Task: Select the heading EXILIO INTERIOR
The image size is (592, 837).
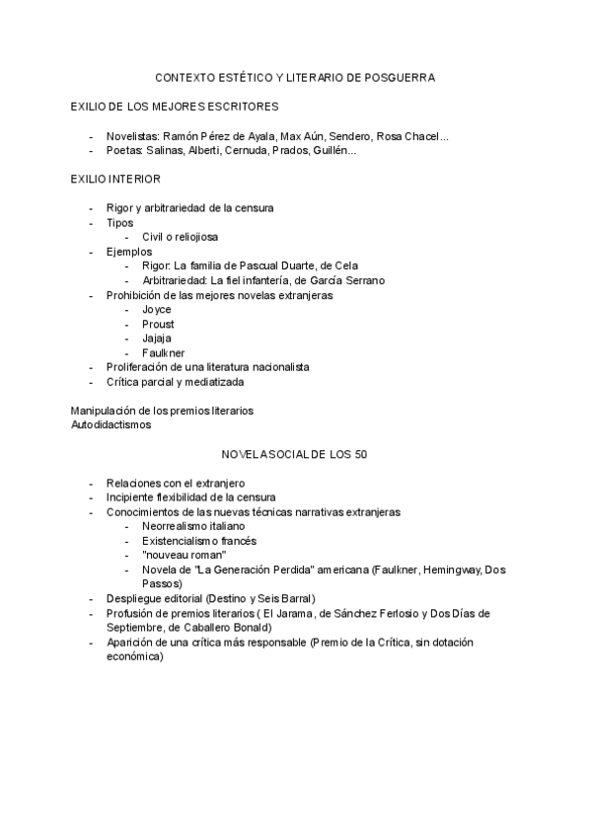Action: (x=115, y=179)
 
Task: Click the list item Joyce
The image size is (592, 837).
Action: (x=157, y=309)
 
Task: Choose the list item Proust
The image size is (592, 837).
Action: (x=158, y=324)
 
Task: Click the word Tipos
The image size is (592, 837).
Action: (x=120, y=222)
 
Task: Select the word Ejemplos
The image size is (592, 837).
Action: (x=129, y=252)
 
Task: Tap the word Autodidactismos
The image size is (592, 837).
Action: (x=111, y=424)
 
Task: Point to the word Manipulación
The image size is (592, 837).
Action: (x=104, y=410)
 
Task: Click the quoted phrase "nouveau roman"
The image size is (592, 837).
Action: (x=185, y=555)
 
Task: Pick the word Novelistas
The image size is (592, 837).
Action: (x=132, y=136)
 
